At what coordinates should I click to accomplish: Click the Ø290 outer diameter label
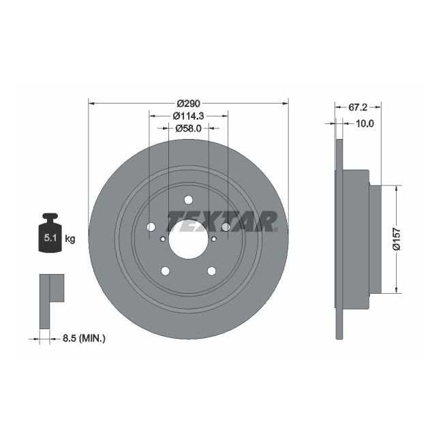pos(188,103)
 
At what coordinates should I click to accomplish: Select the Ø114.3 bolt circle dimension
pos(188,116)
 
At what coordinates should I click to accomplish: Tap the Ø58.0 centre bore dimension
pos(187,128)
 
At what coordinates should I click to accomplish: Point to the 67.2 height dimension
pos(358,107)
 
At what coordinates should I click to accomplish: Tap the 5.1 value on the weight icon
pos(50,239)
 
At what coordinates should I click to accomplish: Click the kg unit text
pos(70,239)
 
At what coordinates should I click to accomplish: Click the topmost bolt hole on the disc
pos(188,200)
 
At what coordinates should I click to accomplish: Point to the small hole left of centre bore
pos(162,239)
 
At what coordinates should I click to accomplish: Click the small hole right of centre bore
pos(214,239)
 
